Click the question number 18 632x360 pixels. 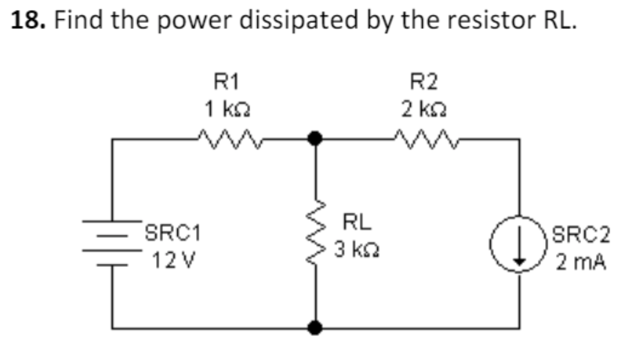[27, 20]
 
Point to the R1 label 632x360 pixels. [227, 82]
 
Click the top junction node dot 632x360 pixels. [314, 139]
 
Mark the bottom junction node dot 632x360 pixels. [314, 327]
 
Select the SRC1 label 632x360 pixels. [173, 234]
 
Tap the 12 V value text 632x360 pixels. [173, 261]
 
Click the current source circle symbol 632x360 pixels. [519, 244]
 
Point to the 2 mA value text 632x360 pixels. [581, 263]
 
